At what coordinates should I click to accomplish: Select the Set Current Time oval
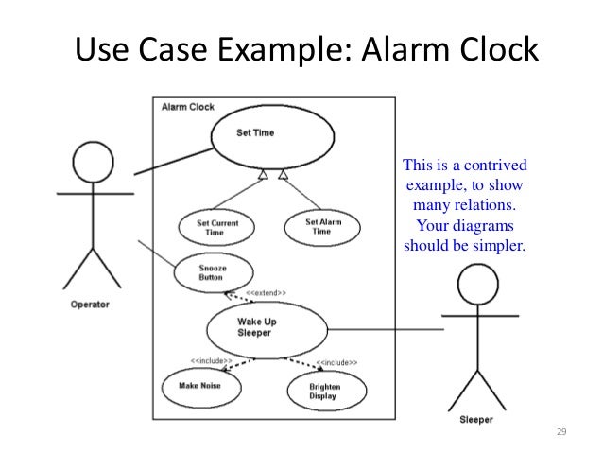[216, 227]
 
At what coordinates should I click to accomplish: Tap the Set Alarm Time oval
[323, 227]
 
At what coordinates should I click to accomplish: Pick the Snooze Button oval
[213, 272]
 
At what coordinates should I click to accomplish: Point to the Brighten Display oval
[326, 392]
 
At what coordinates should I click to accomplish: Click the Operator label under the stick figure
[90, 305]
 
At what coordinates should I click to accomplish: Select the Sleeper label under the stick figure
[476, 420]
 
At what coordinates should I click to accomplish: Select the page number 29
[560, 432]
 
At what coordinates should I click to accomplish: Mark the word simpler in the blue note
[495, 247]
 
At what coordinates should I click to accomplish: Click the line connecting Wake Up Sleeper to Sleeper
[388, 329]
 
